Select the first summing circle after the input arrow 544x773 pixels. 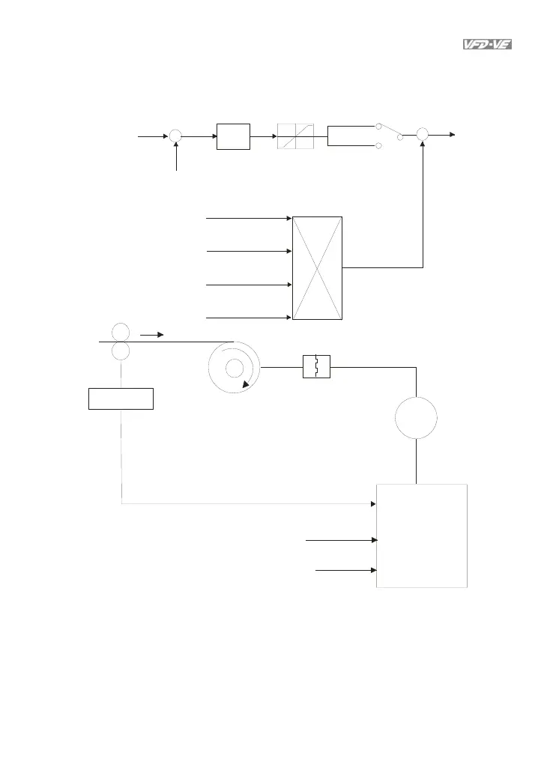[175, 135]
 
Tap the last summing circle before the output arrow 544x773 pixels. [423, 133]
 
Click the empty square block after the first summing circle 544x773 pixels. [233, 135]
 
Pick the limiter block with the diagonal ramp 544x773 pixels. [295, 136]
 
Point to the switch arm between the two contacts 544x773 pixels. [390, 131]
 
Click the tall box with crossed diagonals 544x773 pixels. [318, 268]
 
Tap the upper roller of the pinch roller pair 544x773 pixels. [120, 332]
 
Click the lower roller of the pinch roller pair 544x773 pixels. [120, 351]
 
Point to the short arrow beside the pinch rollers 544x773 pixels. [151, 335]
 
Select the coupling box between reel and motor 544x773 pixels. [316, 367]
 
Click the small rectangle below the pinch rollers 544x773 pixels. [121, 398]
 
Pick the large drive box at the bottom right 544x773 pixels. [422, 535]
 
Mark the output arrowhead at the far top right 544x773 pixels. [451, 133]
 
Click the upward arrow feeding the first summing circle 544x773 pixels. [176, 157]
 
